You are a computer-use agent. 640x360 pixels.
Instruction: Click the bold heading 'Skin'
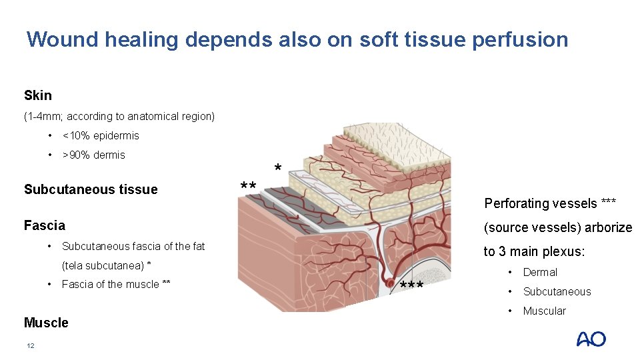[38, 95]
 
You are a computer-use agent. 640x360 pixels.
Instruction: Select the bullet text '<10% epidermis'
[101, 135]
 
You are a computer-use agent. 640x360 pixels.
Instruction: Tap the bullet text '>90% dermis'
[93, 155]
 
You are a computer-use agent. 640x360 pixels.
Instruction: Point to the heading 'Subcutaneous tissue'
[91, 189]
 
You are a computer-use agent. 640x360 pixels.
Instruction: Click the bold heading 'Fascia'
[45, 225]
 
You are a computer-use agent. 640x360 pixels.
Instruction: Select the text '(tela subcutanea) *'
[106, 265]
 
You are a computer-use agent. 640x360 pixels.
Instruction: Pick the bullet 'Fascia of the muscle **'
[116, 284]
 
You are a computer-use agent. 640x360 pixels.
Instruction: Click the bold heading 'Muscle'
[46, 323]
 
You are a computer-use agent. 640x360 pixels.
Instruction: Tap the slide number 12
[29, 345]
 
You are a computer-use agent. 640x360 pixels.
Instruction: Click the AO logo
[591, 339]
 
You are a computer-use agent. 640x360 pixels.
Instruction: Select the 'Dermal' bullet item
[540, 272]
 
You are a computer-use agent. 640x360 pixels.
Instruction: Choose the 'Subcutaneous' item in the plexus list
[557, 291]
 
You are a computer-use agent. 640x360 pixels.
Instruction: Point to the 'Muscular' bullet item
[544, 311]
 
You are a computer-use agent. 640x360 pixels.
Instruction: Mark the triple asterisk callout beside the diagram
[412, 287]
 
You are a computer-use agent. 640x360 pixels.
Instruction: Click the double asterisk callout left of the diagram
[248, 186]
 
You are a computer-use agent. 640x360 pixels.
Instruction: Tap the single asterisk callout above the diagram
[278, 167]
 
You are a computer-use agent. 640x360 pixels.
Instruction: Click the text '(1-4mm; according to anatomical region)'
[119, 116]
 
